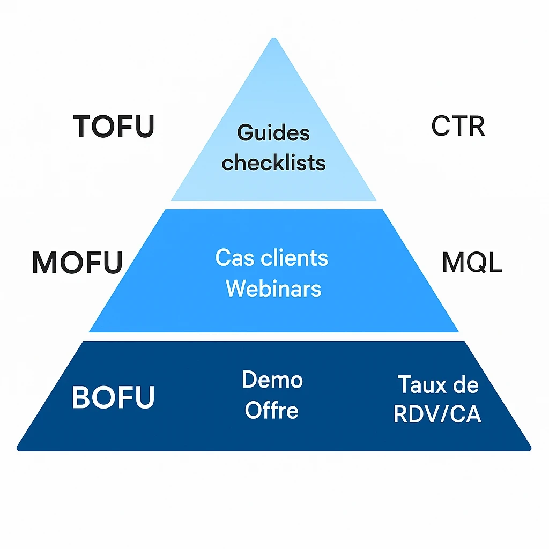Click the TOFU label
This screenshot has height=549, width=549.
(114, 127)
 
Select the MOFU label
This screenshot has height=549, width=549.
(78, 262)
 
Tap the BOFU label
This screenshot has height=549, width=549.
(113, 397)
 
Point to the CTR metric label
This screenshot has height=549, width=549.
(458, 127)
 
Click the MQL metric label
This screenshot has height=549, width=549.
(472, 262)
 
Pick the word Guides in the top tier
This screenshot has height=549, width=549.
(273, 132)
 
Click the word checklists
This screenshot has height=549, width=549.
(273, 162)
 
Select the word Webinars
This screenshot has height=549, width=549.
(273, 289)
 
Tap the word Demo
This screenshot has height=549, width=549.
(272, 380)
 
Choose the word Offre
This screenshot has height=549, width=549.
(272, 411)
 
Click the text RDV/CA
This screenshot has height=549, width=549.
(437, 414)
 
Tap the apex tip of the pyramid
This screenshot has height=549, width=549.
(274, 40)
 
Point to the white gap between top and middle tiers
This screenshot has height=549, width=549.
(274, 205)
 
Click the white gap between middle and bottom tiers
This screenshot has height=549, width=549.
(274, 336)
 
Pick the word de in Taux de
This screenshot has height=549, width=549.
(466, 384)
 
